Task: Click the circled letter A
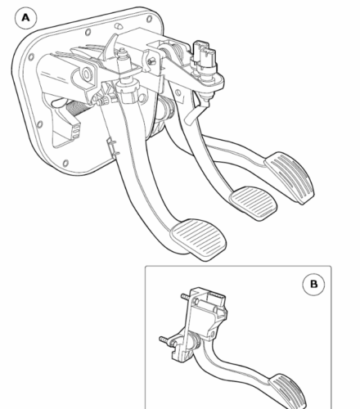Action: [x=25, y=18]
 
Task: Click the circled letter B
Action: [x=313, y=284]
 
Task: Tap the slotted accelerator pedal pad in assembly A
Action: [x=290, y=178]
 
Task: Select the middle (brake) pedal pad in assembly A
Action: [x=253, y=203]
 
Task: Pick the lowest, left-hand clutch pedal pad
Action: [x=199, y=239]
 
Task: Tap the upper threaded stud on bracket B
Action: [x=186, y=296]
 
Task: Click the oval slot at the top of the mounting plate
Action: [x=119, y=26]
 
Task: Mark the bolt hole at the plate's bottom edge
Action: [x=65, y=164]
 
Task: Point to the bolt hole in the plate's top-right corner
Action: [x=149, y=19]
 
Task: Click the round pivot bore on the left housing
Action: [x=87, y=74]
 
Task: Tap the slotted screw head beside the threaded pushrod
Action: [x=151, y=61]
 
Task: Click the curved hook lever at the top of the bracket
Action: [x=110, y=47]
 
